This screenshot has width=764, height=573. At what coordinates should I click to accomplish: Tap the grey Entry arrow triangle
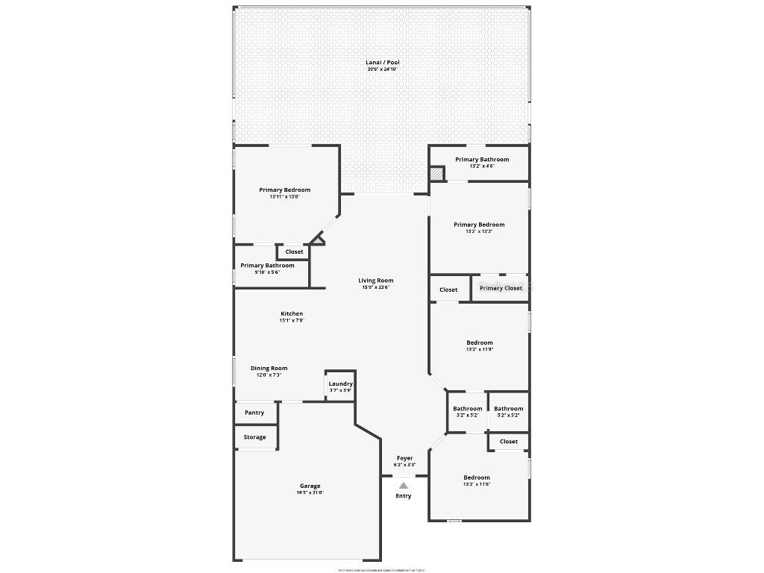click(404, 485)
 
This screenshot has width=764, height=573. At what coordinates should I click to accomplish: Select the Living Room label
click(375, 281)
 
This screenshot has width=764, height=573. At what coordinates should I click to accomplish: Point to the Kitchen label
click(292, 313)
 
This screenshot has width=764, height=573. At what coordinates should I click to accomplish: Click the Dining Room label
click(269, 368)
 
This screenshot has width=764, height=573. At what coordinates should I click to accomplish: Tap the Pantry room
click(254, 413)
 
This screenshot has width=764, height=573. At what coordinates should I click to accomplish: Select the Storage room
click(254, 437)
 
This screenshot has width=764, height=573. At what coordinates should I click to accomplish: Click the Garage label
click(310, 486)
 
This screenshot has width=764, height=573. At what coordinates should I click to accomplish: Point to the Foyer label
click(404, 458)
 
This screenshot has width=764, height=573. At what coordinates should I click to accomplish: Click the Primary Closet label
click(501, 288)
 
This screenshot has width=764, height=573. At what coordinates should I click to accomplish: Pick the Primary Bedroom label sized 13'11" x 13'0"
click(284, 190)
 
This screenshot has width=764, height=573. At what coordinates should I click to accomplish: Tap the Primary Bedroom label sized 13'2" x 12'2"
click(479, 225)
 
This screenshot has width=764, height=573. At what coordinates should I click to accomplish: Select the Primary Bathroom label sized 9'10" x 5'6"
click(267, 265)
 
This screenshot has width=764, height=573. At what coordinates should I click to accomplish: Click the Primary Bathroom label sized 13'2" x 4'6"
click(482, 160)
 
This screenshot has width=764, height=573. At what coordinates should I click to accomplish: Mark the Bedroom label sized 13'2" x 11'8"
click(479, 342)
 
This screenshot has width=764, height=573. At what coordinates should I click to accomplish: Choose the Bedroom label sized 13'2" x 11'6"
click(477, 477)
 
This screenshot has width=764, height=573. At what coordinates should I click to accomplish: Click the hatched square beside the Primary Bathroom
click(436, 173)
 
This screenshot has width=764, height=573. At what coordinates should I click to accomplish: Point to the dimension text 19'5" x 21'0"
click(310, 492)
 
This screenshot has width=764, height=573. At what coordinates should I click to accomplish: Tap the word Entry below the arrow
click(404, 496)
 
